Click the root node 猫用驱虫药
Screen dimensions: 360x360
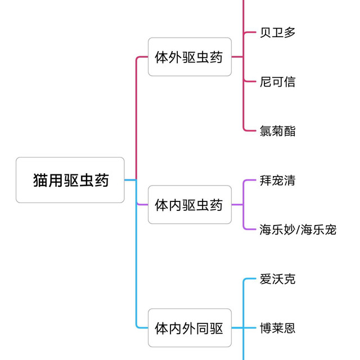(x=70, y=180)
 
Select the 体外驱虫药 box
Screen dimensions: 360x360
(x=190, y=57)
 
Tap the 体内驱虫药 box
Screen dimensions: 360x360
(x=190, y=205)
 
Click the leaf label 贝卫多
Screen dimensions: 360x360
(x=277, y=32)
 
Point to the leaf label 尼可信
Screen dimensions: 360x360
(x=277, y=82)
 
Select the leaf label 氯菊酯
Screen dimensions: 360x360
(x=277, y=131)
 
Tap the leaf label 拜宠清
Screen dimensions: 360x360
(x=277, y=181)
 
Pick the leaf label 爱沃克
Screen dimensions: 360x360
(x=277, y=279)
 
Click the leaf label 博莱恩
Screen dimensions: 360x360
(x=277, y=328)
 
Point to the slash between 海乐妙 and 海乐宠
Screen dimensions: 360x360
(x=298, y=229)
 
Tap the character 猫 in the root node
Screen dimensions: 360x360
(x=40, y=180)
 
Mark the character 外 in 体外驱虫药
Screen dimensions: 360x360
(x=175, y=57)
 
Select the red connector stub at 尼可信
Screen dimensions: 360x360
(x=250, y=82)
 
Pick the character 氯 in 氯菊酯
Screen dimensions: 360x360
(x=265, y=131)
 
